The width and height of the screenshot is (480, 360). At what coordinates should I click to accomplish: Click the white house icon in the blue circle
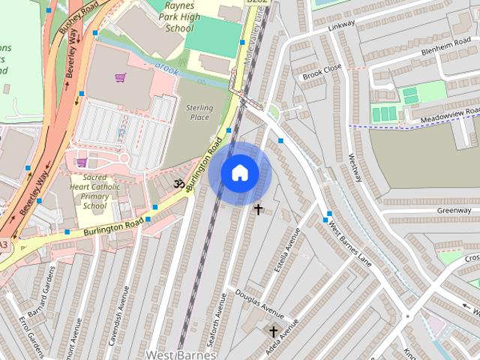click(x=239, y=173)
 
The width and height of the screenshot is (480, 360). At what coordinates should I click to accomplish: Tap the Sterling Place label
click(x=199, y=112)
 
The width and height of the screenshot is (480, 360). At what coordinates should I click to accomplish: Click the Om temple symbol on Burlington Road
click(x=178, y=184)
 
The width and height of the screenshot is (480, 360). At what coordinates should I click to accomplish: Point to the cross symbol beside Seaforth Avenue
click(x=259, y=209)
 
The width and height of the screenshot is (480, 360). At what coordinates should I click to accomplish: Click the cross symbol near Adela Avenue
click(x=274, y=331)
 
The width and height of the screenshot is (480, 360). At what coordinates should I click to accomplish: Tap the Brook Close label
click(x=322, y=72)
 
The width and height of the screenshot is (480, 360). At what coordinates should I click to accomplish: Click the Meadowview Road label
click(x=450, y=114)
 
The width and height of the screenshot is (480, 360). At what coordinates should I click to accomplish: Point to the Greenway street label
click(x=454, y=211)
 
